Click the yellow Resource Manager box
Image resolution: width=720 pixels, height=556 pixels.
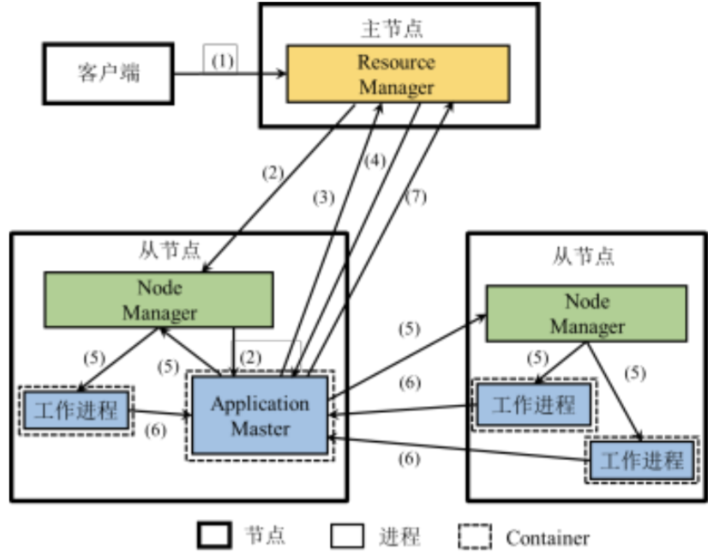(397, 75)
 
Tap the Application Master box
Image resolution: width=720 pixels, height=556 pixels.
(260, 415)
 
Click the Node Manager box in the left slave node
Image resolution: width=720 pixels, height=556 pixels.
(159, 299)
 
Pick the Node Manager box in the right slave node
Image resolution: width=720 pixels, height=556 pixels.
(586, 314)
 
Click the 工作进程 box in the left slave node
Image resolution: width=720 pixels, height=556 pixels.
(78, 409)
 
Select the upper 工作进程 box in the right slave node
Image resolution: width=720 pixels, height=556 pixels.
(533, 402)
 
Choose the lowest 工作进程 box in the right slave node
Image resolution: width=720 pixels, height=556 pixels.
(642, 461)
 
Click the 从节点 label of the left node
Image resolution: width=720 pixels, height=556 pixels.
(169, 251)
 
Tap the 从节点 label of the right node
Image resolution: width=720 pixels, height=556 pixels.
(583, 256)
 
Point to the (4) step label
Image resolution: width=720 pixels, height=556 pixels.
(375, 160)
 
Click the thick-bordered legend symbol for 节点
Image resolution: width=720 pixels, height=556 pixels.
(214, 537)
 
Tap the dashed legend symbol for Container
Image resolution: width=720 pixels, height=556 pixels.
(473, 537)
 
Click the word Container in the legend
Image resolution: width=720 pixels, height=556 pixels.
(547, 538)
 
